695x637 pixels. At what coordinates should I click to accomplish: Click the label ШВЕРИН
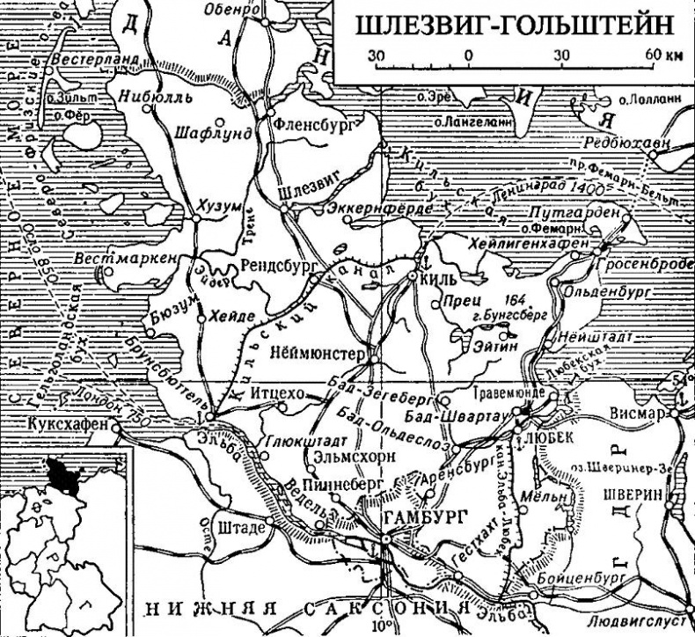tap(632, 494)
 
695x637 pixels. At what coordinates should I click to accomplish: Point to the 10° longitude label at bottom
tap(386, 626)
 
